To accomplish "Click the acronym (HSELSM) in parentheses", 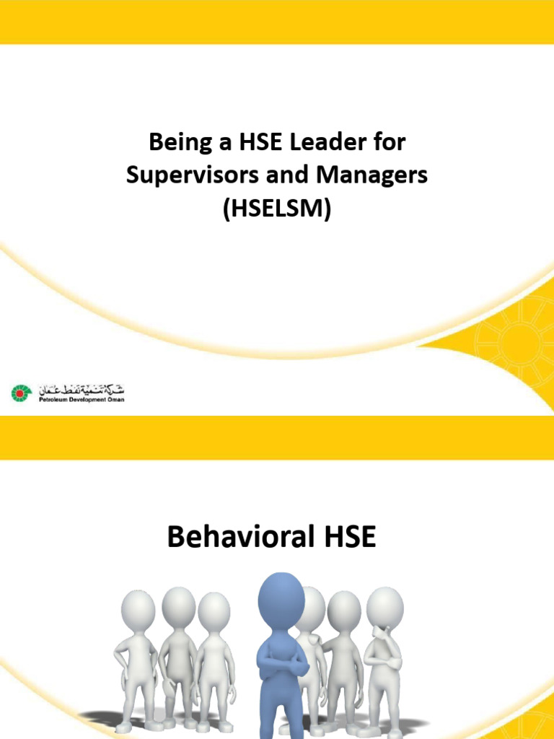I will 277,209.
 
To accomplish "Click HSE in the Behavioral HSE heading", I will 349,538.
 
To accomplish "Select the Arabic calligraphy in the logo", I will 81,388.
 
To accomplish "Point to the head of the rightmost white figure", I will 384,606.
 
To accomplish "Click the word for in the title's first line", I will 389,142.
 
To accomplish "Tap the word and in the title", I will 280,175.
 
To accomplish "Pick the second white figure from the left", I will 177,650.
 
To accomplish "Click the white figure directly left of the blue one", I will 214,653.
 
